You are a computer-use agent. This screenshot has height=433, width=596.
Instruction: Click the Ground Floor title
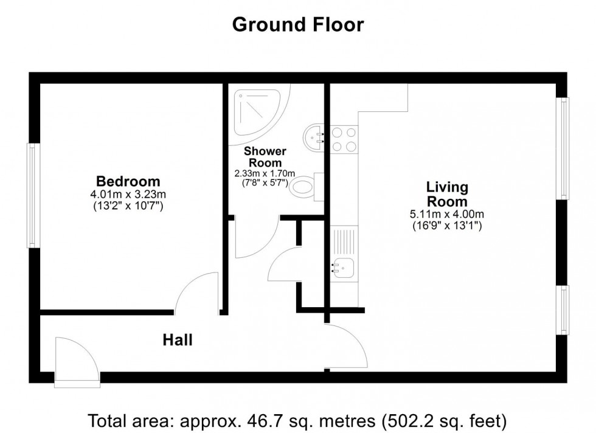tap(297, 24)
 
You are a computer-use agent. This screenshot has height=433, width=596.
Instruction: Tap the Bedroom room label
tap(128, 181)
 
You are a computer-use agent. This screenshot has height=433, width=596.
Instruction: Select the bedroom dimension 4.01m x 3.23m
tap(128, 195)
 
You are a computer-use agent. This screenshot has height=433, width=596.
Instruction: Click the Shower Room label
tap(265, 157)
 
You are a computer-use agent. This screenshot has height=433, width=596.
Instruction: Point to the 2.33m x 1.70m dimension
tap(265, 173)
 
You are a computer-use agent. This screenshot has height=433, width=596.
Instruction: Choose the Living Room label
tap(447, 194)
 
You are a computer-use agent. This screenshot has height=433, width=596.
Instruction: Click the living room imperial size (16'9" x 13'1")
tap(447, 226)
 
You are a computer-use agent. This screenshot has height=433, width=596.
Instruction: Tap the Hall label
tap(178, 340)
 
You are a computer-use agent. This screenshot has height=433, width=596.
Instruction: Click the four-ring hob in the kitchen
tap(344, 139)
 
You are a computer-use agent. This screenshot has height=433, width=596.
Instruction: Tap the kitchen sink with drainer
tap(344, 254)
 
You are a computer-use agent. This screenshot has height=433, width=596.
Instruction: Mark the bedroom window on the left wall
tap(32, 195)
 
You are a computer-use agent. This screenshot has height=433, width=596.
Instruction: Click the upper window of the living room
tap(564, 148)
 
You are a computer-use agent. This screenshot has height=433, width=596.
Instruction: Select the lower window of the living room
tap(564, 310)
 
